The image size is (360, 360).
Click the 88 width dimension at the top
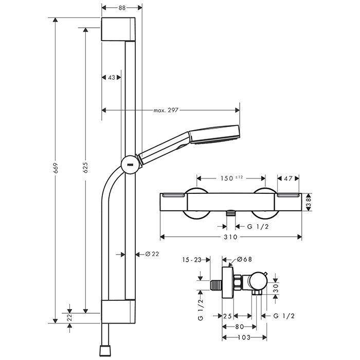click(122, 7)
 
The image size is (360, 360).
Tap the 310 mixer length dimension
click(231, 237)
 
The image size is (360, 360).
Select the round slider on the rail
click(129, 165)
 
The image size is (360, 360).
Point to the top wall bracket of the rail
click(118, 30)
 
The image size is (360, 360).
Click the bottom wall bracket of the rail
click(118, 312)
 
